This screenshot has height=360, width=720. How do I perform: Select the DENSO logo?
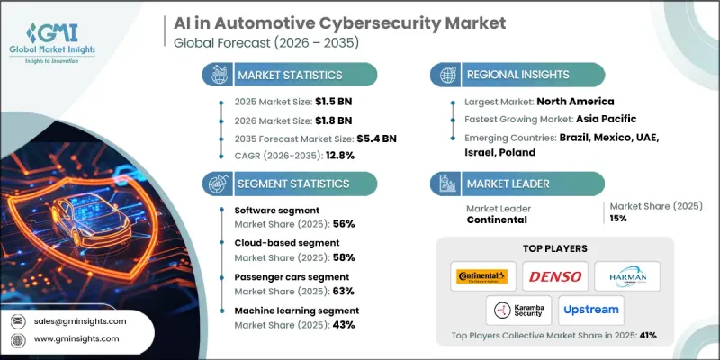click(553, 276)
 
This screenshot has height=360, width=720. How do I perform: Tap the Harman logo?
click(628, 276)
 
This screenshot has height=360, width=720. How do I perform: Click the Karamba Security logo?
click(517, 310)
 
